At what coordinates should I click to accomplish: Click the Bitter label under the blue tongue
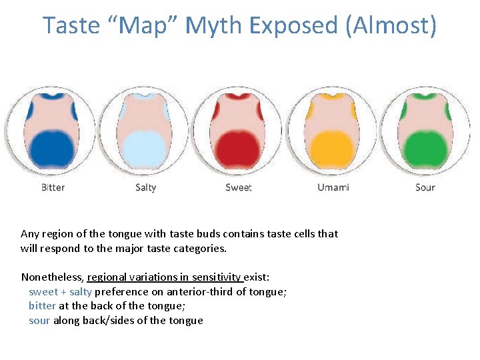click(53, 187)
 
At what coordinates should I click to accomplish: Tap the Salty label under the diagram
click(145, 187)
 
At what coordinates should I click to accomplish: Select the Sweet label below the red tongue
click(238, 187)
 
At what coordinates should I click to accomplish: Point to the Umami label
click(333, 187)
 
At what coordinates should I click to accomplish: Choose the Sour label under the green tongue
click(425, 187)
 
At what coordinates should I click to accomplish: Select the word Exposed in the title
click(293, 25)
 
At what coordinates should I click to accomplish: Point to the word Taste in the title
click(71, 25)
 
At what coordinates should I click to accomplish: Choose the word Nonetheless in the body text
click(52, 277)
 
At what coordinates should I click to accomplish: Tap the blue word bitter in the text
click(42, 306)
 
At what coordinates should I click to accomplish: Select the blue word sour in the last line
click(39, 321)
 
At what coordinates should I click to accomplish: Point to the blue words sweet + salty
click(60, 291)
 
